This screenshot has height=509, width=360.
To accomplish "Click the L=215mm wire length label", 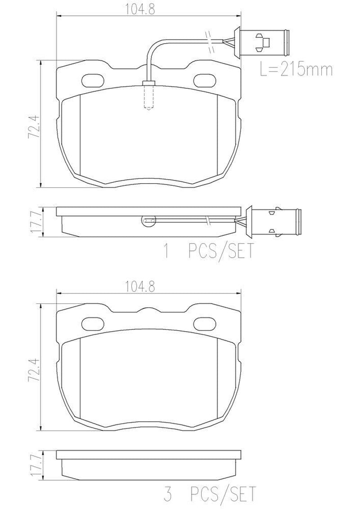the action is (296, 69).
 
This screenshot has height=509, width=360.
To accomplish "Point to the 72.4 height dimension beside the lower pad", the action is (34, 369).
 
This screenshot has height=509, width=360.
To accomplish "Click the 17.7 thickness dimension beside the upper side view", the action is (34, 222).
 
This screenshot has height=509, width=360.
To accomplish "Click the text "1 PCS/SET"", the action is (208, 251).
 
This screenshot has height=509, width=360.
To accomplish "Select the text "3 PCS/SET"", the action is (210, 494).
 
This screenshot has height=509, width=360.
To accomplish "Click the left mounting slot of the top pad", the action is (93, 81).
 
